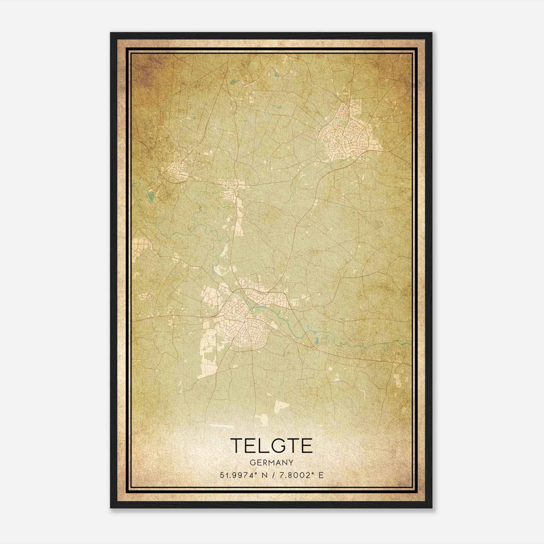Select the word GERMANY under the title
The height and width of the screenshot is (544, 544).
click(271, 463)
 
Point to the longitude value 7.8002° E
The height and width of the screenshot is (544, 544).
click(301, 475)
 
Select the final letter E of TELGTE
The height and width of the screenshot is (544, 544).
click(306, 445)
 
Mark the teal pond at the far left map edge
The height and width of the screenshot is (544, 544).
click(151, 195)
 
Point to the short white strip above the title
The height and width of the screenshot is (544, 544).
click(222, 425)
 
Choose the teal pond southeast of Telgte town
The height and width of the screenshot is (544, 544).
click(317, 340)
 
